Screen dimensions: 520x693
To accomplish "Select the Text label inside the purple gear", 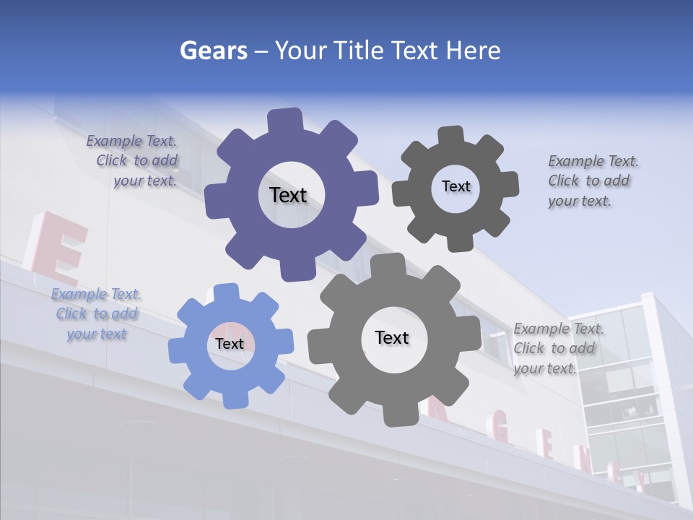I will pos(288,195).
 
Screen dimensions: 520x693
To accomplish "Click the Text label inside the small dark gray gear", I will pos(456,186).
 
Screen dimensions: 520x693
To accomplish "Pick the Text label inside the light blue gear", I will pos(230,344).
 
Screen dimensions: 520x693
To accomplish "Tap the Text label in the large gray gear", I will pos(392,337).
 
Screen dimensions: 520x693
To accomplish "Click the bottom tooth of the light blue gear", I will pos(235,398).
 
